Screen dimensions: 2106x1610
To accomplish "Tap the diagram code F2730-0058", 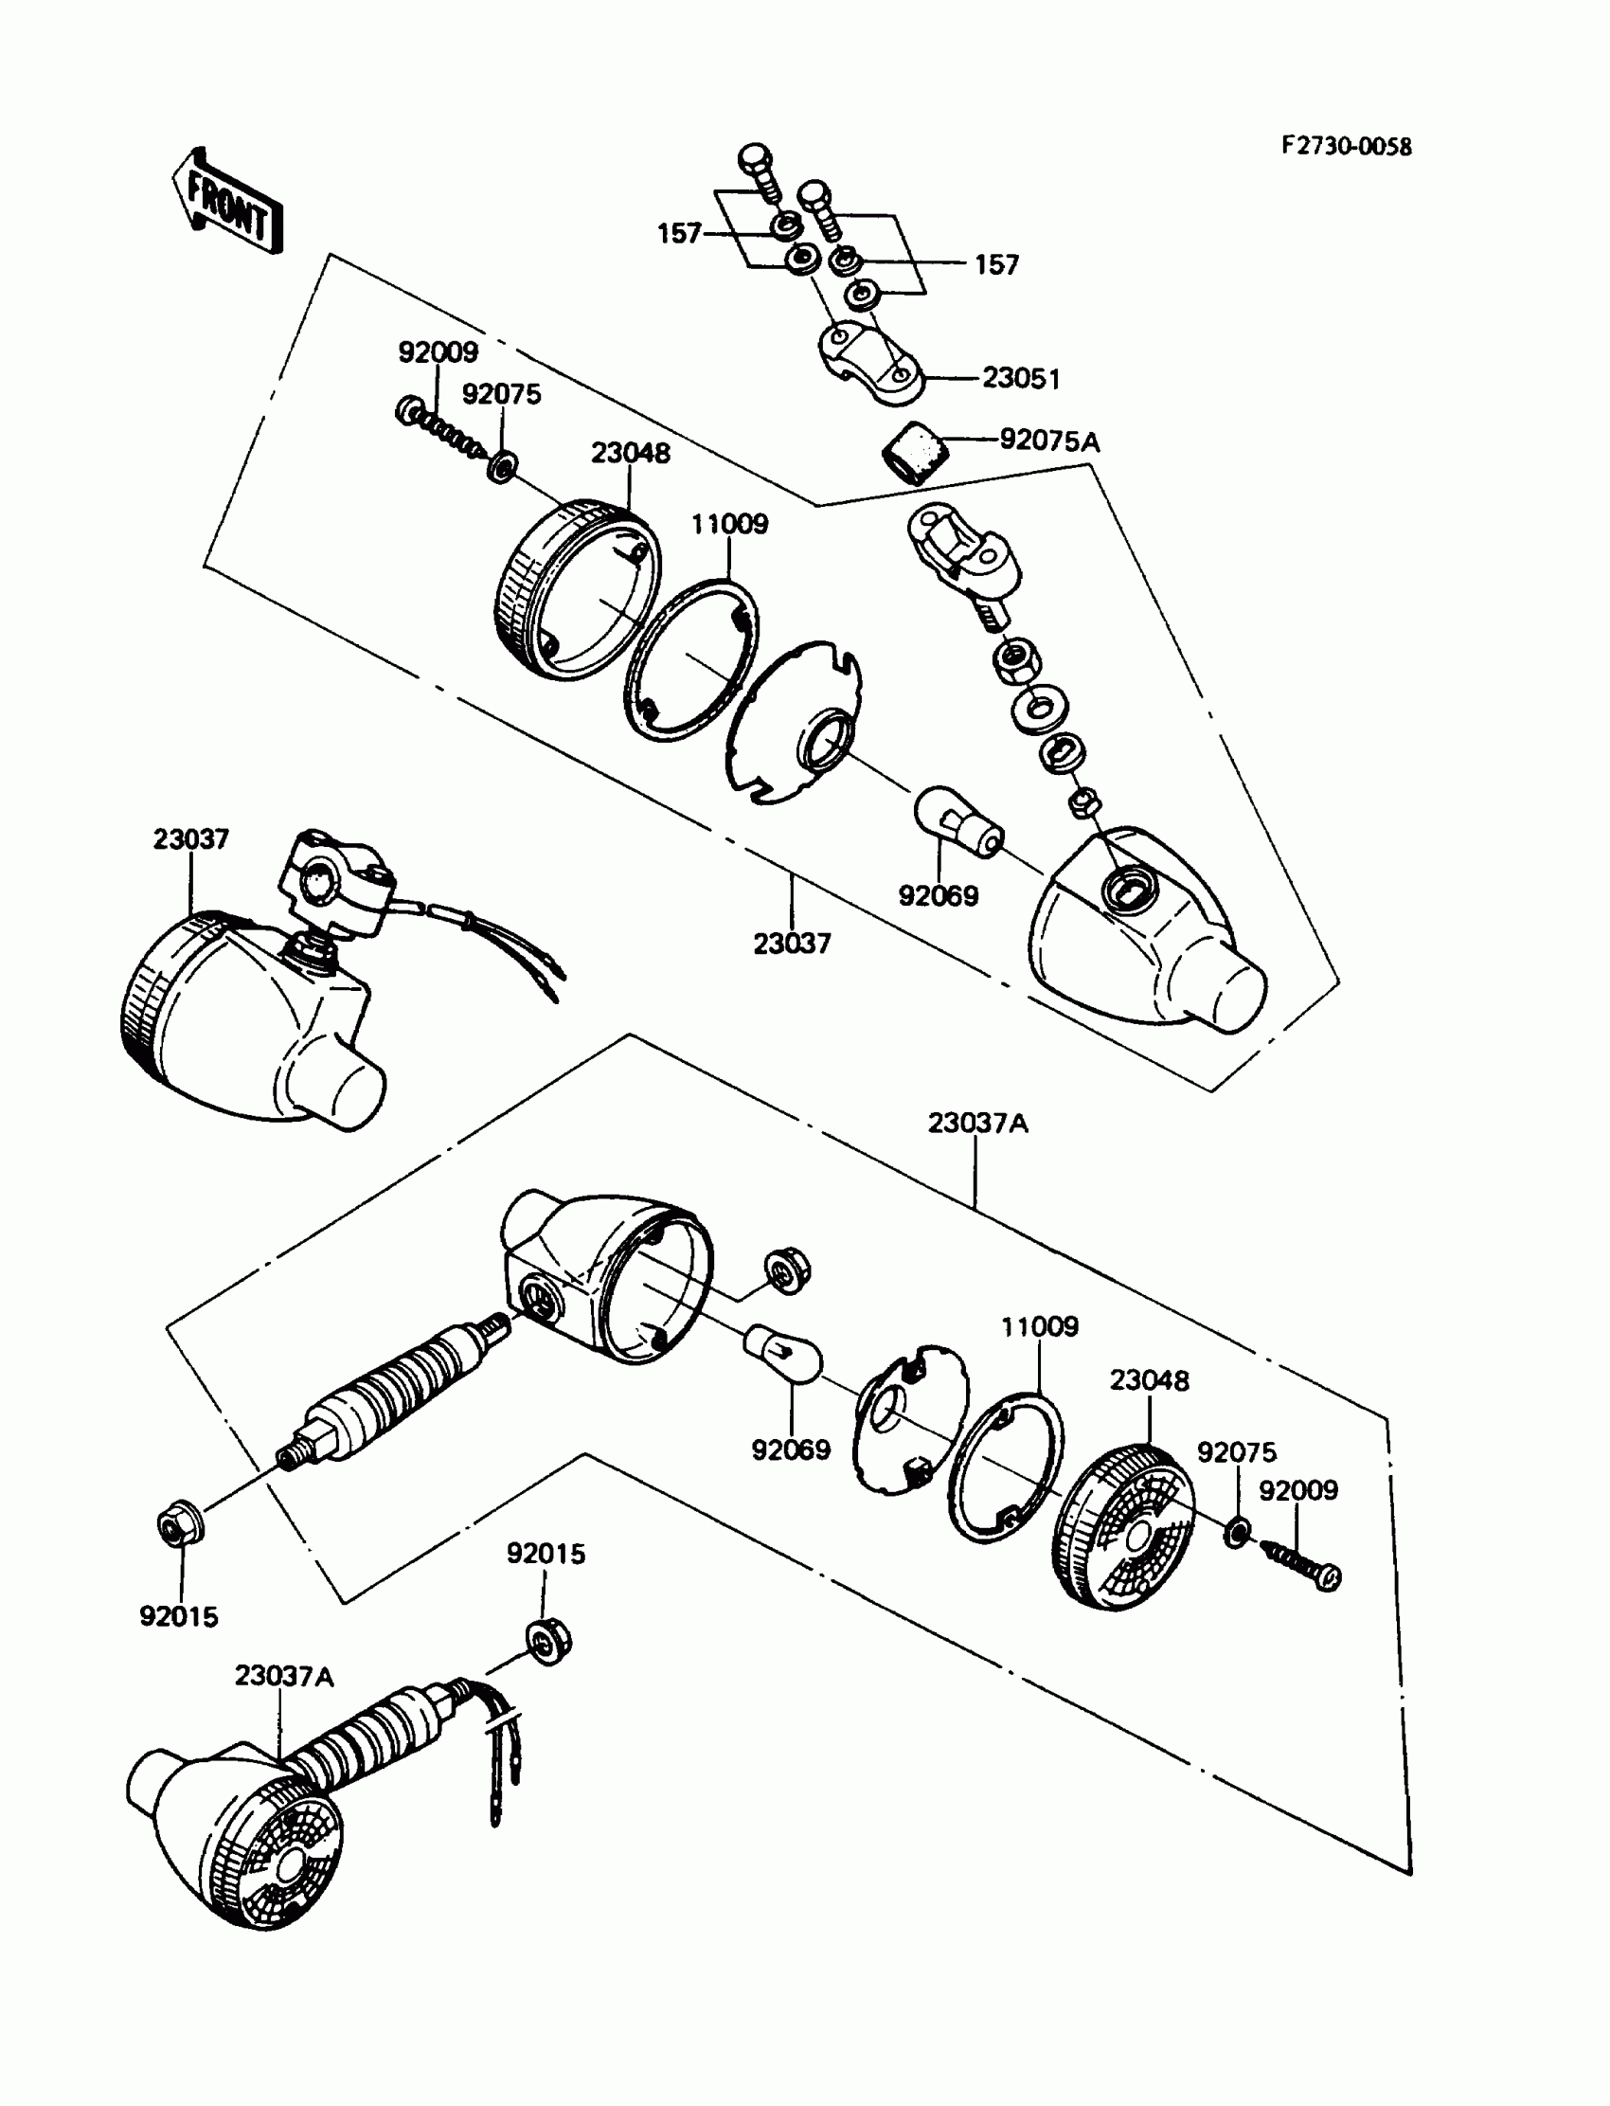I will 1347,147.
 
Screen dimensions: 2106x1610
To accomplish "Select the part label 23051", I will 1021,379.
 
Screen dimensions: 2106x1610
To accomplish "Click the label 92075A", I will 1049,441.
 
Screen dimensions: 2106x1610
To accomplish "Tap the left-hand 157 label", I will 679,234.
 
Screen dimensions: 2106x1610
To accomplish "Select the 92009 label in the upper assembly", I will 438,352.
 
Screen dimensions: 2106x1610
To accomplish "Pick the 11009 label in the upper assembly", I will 729,524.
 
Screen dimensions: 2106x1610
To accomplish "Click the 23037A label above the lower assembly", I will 977,1123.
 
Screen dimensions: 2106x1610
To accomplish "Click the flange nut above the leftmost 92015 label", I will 178,1525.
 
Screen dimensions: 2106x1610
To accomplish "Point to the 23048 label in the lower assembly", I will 1149,1380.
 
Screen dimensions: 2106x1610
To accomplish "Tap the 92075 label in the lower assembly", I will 1236,1452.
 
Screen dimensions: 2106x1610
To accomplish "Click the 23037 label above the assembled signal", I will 190,839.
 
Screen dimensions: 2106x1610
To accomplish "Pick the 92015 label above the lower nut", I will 546,1554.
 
